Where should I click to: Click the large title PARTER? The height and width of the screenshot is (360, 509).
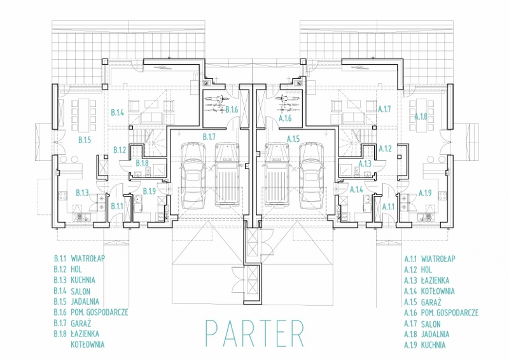coord(255,333)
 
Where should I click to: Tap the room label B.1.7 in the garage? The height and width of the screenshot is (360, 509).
coord(209,137)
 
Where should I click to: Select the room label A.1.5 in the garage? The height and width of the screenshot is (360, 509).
coord(293,139)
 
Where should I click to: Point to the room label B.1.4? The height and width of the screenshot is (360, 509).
coord(118,113)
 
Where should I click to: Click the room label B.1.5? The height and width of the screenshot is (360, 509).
coord(85,140)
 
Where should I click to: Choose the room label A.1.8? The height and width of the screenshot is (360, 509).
coord(421,116)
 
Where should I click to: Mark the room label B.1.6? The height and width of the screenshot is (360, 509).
coord(232,110)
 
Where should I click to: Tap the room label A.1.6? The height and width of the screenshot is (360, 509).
coord(285,118)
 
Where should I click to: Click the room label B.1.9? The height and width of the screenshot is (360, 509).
coord(150,191)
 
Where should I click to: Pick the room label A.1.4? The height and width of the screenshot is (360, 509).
coord(356,190)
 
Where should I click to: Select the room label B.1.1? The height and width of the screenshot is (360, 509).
coord(117,206)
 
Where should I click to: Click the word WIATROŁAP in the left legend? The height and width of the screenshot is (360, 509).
coord(88,259)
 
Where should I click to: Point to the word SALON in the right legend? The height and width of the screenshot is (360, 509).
coord(431,324)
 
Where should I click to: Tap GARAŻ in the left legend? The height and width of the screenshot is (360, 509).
coord(81,323)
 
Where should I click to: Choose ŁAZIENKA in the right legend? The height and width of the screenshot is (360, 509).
coord(435,280)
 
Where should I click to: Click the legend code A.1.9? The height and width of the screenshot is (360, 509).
coord(410,345)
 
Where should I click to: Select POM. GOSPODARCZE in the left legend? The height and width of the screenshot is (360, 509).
coord(99,312)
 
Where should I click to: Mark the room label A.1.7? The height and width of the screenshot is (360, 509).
coord(384,109)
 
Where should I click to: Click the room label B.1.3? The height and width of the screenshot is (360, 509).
coord(82,193)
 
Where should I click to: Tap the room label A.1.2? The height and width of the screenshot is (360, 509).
coord(386,149)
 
